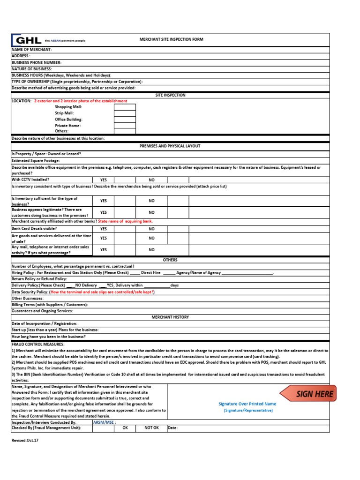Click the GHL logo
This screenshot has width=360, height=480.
[x=27, y=40]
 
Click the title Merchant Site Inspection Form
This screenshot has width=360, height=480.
[x=171, y=40]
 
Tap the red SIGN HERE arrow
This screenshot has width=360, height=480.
[x=308, y=394]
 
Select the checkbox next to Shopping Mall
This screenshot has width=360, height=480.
[x=125, y=107]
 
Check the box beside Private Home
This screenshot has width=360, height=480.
[x=125, y=125]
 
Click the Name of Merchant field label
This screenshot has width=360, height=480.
[x=32, y=49]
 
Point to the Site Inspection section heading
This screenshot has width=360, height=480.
[x=171, y=95]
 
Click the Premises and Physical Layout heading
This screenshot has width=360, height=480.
[x=170, y=146]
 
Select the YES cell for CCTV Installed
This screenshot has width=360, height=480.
[x=104, y=180]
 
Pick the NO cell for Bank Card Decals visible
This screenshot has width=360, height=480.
[x=151, y=229]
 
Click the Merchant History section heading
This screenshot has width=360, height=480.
[x=170, y=317]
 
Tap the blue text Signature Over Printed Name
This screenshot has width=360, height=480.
[x=247, y=404]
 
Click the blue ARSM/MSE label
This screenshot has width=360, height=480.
[x=105, y=422]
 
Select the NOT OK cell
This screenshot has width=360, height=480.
[x=151, y=428]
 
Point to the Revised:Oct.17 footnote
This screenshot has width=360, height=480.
[x=24, y=441]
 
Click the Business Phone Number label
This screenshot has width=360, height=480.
[x=37, y=62]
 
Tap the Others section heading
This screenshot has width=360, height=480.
[x=170, y=260]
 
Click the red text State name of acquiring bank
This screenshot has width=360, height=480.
[x=126, y=221]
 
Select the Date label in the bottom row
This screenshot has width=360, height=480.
[x=172, y=428]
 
